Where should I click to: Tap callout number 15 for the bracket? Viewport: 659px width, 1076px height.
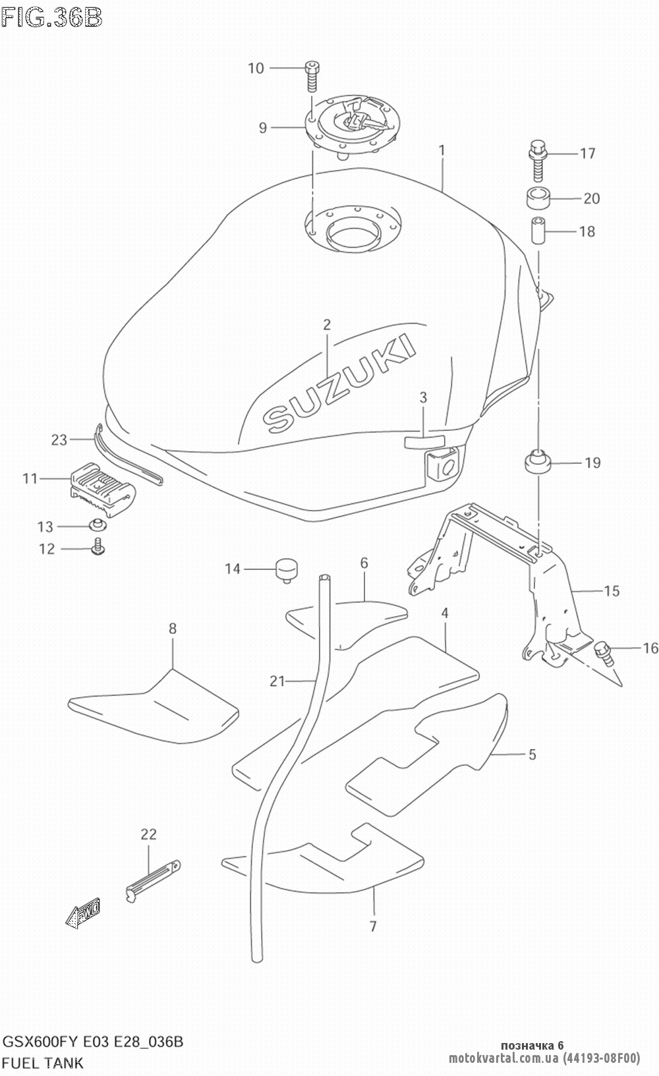click(x=612, y=591)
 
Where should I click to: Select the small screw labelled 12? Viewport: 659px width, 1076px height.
click(x=100, y=546)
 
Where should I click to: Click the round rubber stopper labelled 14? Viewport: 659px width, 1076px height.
click(x=285, y=569)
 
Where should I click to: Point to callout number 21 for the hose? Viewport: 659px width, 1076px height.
click(x=277, y=681)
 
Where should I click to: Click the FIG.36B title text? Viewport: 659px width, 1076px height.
click(x=51, y=16)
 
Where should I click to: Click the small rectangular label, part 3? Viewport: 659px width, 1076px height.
click(x=424, y=441)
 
